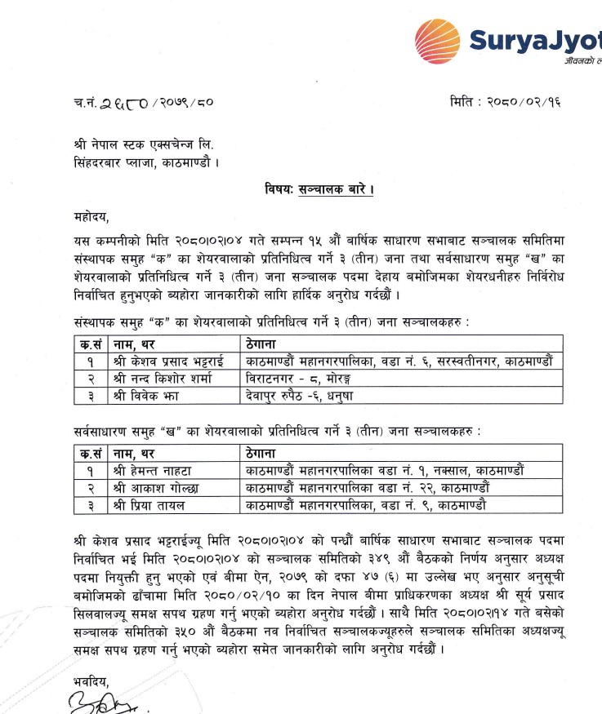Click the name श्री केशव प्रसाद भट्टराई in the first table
click(x=167, y=360)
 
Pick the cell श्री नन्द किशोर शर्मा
click(x=159, y=378)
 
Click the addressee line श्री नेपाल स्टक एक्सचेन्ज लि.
click(x=147, y=144)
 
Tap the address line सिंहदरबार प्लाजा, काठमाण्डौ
click(x=146, y=161)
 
